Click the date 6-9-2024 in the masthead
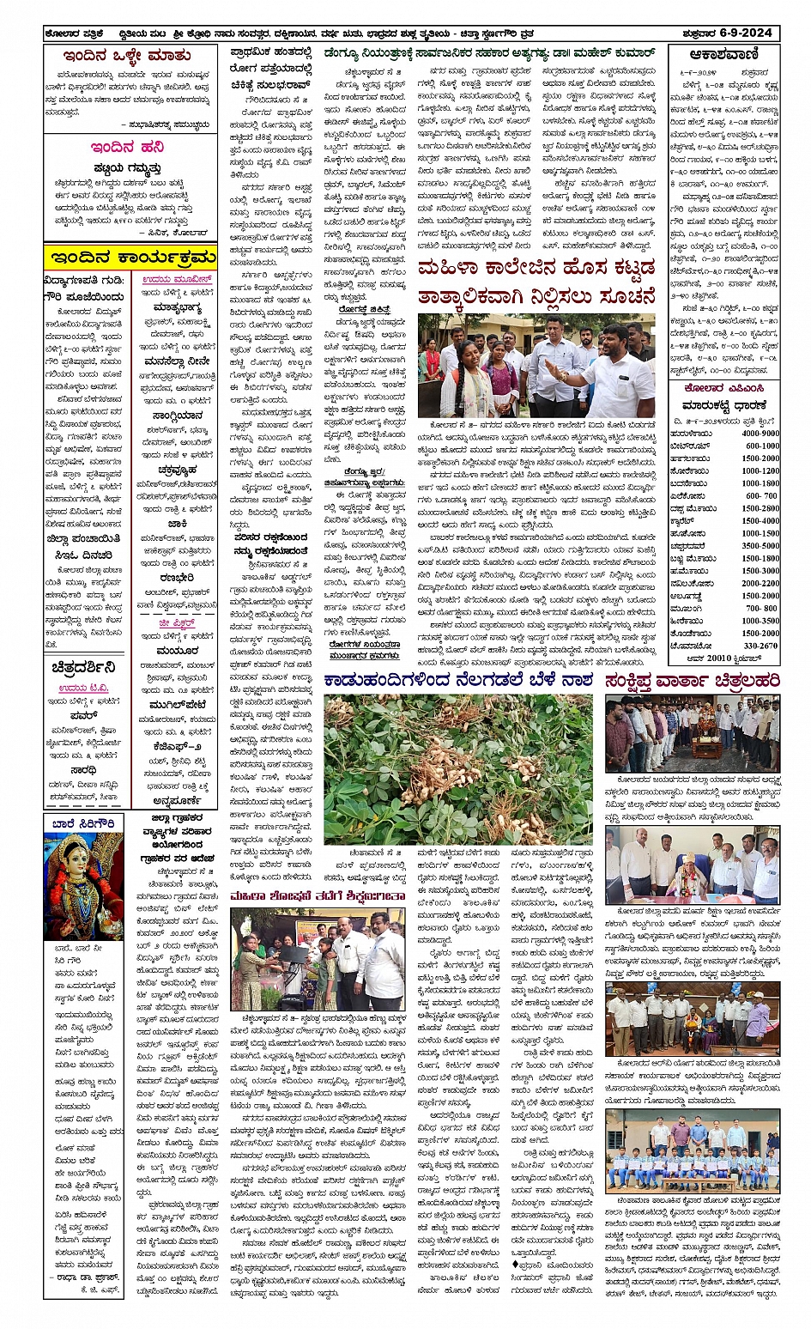(x=745, y=33)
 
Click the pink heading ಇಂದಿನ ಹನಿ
(x=127, y=147)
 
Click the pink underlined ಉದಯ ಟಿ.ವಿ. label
(x=84, y=688)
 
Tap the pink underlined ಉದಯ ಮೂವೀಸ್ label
(x=177, y=280)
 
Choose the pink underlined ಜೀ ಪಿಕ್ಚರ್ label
(x=177, y=623)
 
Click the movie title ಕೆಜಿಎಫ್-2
(x=178, y=747)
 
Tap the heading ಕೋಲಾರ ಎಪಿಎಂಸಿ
(x=723, y=388)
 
